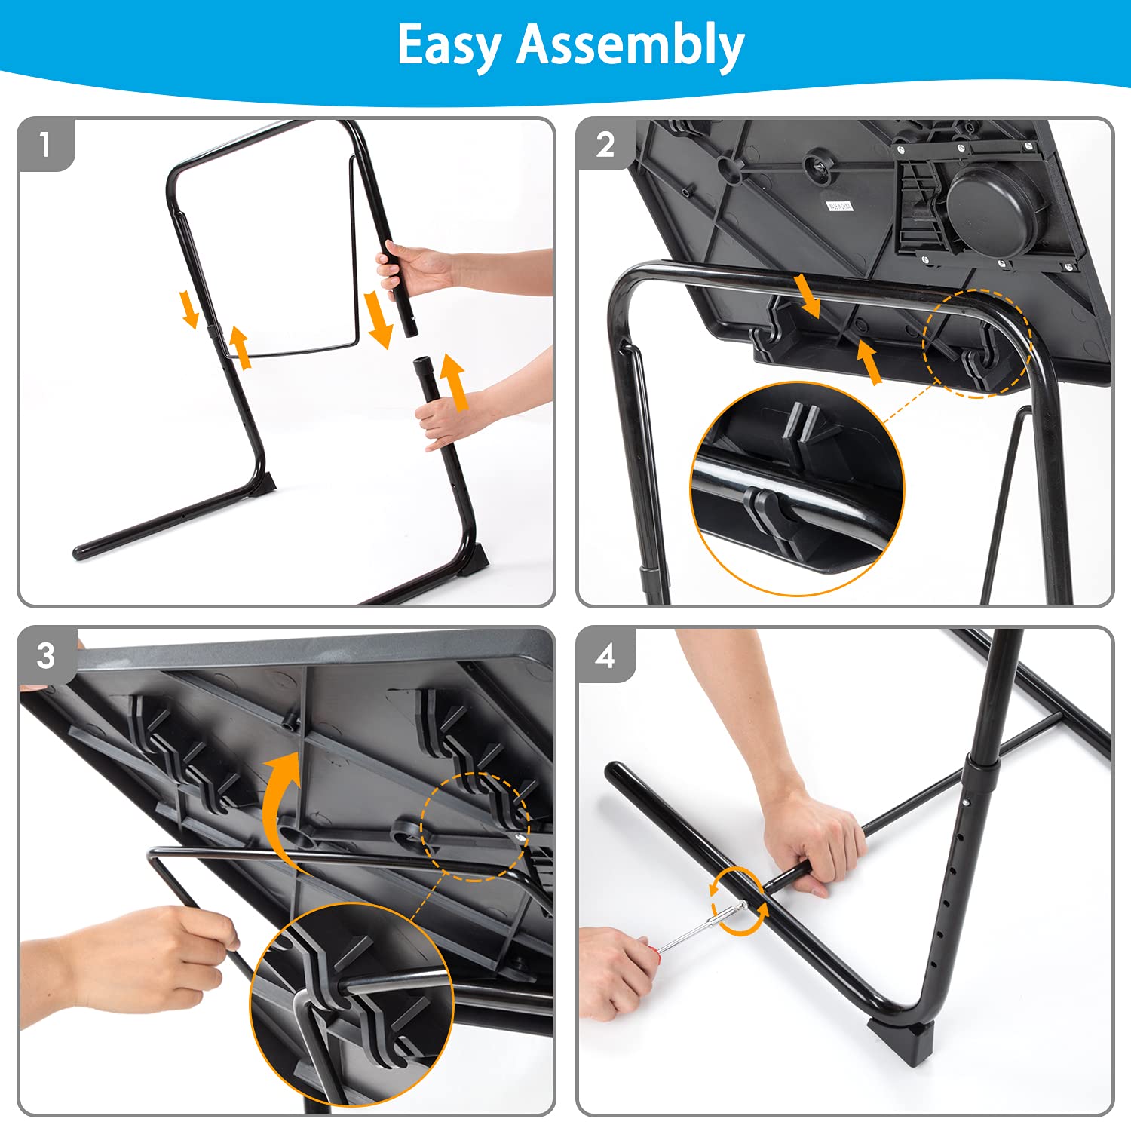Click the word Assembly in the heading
630,45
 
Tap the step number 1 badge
46,144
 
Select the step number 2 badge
605,144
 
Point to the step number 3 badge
46,654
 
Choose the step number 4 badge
605,654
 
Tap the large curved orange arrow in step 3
285,807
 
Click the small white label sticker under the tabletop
840,206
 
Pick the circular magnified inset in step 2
797,489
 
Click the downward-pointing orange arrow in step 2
808,296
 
